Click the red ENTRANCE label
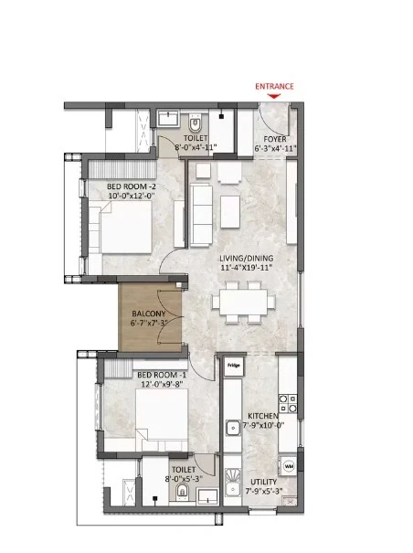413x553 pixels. (274, 87)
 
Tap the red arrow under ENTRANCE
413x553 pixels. (274, 96)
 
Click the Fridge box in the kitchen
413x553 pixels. (234, 366)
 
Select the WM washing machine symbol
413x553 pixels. (289, 466)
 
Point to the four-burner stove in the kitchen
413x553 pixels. (288, 403)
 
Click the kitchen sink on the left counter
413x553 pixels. (233, 429)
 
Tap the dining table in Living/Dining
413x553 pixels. (243, 302)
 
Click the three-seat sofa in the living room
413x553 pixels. (201, 215)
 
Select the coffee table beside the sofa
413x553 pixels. (230, 212)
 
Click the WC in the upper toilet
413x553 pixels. (195, 123)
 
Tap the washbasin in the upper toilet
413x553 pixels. (168, 117)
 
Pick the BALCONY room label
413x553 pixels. (149, 314)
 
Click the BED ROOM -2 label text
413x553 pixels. (132, 186)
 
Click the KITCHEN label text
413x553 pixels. (263, 416)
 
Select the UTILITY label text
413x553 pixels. (263, 482)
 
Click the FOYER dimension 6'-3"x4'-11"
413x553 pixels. (275, 148)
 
